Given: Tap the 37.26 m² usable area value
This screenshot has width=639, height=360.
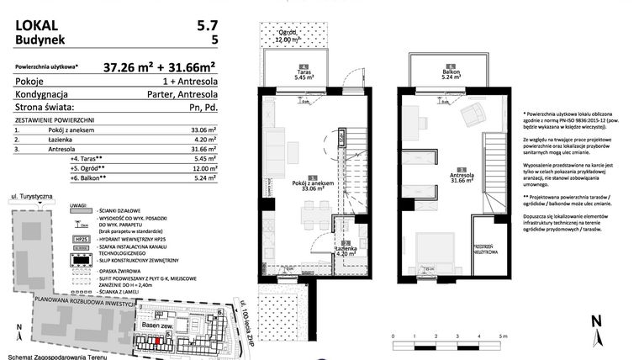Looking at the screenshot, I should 131,66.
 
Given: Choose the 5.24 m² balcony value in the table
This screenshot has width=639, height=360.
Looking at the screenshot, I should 204,177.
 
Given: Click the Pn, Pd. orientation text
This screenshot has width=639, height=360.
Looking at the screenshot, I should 203,108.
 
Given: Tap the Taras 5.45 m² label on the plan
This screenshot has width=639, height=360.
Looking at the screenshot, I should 302,74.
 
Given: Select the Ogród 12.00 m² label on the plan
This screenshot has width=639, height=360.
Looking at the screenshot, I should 288,38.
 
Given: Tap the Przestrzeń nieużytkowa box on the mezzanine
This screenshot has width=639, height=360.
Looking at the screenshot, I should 486,249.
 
